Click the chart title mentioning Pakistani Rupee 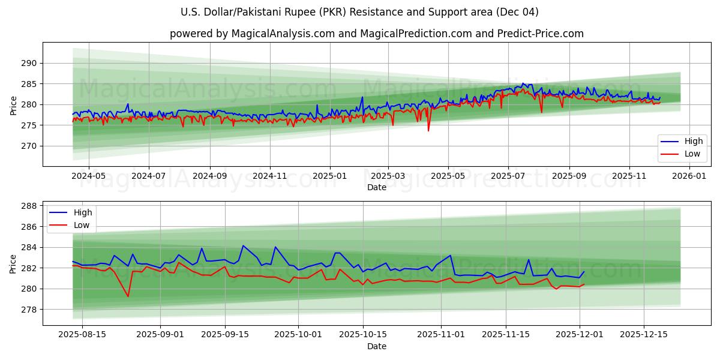[x=359, y=12]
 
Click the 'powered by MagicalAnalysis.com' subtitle [x=376, y=34]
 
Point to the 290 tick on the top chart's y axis [x=29, y=63]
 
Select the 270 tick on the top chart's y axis [x=29, y=146]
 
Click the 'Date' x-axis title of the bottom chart [x=376, y=346]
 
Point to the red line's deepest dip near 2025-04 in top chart [x=428, y=130]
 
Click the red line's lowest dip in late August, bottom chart [x=128, y=296]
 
